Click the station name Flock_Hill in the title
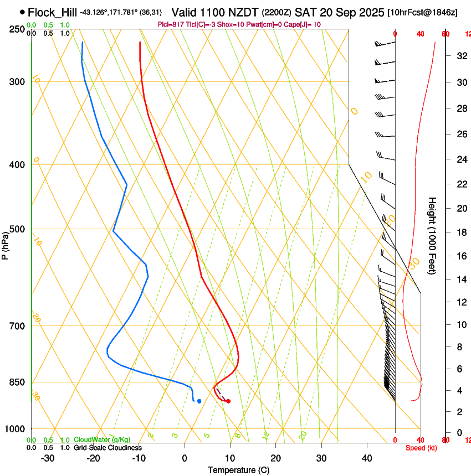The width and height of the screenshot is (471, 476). click(52, 12)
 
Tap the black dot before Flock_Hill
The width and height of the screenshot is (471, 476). click(22, 12)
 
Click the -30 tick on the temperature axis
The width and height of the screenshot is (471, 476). click(48, 458)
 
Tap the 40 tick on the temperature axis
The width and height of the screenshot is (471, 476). click(367, 458)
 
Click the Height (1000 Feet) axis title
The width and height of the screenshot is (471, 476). click(432, 235)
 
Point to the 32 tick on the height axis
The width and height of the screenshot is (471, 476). click(460, 56)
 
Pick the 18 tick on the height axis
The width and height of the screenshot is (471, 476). click(460, 232)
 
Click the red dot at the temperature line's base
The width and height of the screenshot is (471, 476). click(228, 401)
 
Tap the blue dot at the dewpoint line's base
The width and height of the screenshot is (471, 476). click(199, 401)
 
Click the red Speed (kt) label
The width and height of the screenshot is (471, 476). click(421, 448)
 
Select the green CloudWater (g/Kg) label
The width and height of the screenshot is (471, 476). click(99, 440)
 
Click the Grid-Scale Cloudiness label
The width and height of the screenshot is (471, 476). click(107, 447)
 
